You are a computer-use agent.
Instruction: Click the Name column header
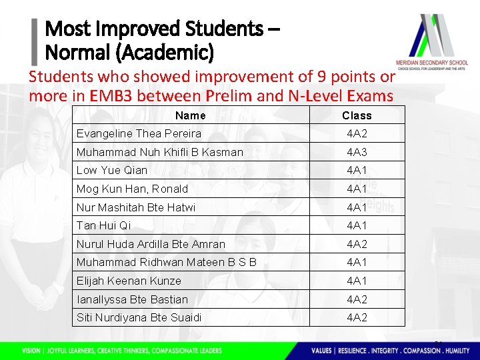click(190, 115)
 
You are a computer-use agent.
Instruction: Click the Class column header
click(357, 115)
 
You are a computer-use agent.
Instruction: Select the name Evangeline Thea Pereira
click(129, 133)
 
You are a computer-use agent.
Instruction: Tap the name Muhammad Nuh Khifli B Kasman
click(159, 152)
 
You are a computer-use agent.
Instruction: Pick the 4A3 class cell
click(357, 152)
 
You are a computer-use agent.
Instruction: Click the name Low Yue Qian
click(112, 170)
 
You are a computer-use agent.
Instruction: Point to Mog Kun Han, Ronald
click(132, 189)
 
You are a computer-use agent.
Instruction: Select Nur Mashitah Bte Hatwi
click(136, 207)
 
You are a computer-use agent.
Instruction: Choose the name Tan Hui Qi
click(103, 225)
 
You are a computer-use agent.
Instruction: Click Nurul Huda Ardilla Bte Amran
click(151, 244)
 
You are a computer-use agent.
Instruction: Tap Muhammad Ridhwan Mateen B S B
click(166, 262)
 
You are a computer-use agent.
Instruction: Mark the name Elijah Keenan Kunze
click(129, 281)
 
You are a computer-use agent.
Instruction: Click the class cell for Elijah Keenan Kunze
click(357, 281)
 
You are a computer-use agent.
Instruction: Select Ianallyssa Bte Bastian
click(132, 299)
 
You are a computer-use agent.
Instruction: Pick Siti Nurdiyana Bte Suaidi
click(139, 317)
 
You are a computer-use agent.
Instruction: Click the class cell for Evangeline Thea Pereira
click(357, 133)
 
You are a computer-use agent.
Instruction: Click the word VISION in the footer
click(31, 351)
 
